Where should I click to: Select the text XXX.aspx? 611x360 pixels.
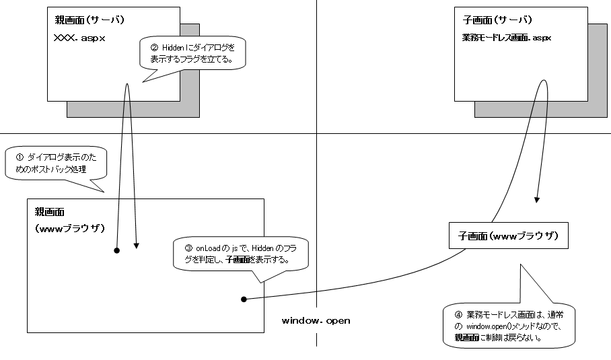pyautogui.click(x=79, y=38)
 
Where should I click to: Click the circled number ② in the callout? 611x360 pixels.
pyautogui.click(x=153, y=48)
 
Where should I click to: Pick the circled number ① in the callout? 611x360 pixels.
pyautogui.click(x=18, y=156)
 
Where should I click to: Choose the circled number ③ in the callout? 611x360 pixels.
pyautogui.click(x=188, y=248)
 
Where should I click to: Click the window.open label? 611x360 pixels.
pyautogui.click(x=316, y=321)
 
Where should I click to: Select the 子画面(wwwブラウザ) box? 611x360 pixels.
pyautogui.click(x=508, y=236)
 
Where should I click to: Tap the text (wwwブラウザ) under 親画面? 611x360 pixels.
pyautogui.click(x=70, y=228)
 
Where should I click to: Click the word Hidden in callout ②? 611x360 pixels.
pyautogui.click(x=174, y=48)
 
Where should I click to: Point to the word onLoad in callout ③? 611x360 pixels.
pyautogui.click(x=207, y=248)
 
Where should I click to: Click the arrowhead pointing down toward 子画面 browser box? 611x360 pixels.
pyautogui.click(x=536, y=199)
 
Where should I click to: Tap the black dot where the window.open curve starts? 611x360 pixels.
pyautogui.click(x=243, y=299)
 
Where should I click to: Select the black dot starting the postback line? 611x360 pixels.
pyautogui.click(x=116, y=250)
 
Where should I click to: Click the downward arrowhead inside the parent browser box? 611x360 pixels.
pyautogui.click(x=137, y=246)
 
